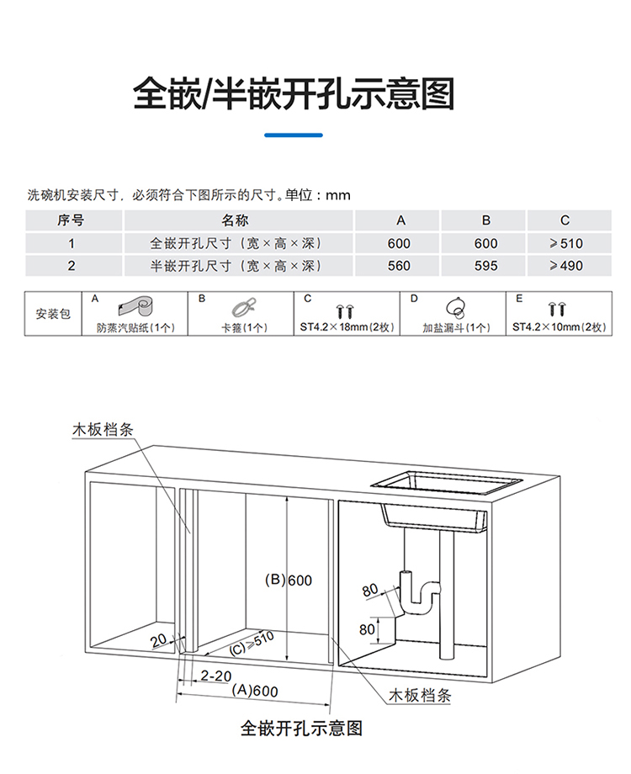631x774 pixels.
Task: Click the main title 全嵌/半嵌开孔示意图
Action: click(294, 94)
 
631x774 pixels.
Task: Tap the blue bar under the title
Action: click(294, 135)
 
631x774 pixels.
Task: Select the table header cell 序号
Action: click(72, 220)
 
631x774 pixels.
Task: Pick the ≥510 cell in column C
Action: click(565, 243)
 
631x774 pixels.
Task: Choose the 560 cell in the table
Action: click(400, 266)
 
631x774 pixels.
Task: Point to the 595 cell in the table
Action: click(485, 266)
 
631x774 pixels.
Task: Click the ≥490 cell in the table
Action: click(565, 266)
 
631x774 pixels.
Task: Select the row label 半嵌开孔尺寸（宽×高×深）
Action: click(236, 266)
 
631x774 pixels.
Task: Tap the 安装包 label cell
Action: click(54, 314)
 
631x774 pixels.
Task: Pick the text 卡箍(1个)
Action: click(244, 327)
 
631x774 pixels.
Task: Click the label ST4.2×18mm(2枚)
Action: click(346, 327)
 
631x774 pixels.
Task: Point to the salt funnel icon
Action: click(455, 306)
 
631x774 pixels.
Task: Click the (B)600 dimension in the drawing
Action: click(289, 580)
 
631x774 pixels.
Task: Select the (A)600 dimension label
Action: click(254, 690)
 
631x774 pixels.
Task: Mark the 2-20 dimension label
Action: click(216, 675)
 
